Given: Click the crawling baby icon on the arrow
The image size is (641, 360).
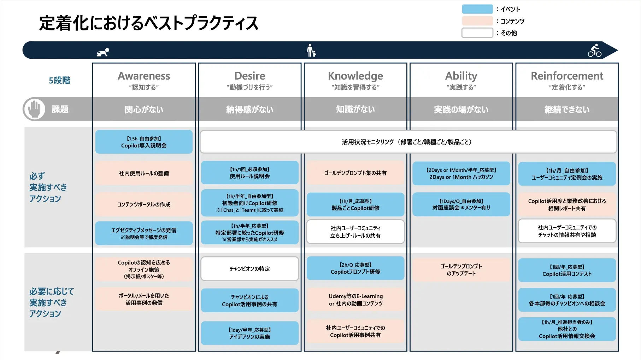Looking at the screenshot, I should pos(103,52).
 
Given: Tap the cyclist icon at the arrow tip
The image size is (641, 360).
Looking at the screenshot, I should pos(595,51).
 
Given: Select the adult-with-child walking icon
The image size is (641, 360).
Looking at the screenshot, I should pos(311,51).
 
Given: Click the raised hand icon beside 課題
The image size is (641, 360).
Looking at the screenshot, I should pos(34,109).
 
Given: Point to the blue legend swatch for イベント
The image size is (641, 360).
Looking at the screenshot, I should pos(477,9).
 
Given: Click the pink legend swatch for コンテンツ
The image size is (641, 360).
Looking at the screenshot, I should pos(477,21).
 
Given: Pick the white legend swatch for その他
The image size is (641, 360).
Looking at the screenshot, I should pos(477,33).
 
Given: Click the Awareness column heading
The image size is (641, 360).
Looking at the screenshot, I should pos(144,76).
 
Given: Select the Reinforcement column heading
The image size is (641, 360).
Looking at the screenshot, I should pos(567,76).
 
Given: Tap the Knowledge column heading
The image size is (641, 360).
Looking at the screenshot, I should pos(355,76).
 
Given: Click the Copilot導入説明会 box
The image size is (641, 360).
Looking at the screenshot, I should pos(144,142).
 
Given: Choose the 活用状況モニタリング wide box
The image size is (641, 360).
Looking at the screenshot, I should pos(408,142).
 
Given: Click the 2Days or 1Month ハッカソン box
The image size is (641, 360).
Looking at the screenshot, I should pos(461,173).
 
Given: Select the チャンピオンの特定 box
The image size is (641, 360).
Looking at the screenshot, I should pos(249,269).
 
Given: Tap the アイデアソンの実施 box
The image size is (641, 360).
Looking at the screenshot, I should pos(249,333).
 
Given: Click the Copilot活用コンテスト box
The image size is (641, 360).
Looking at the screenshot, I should pos(567,270).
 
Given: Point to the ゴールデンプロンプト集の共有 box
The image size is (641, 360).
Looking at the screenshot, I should pos(355,173).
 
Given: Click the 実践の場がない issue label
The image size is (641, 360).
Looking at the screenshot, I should pos(461,110).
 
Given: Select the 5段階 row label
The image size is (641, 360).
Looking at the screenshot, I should pos(59,81).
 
